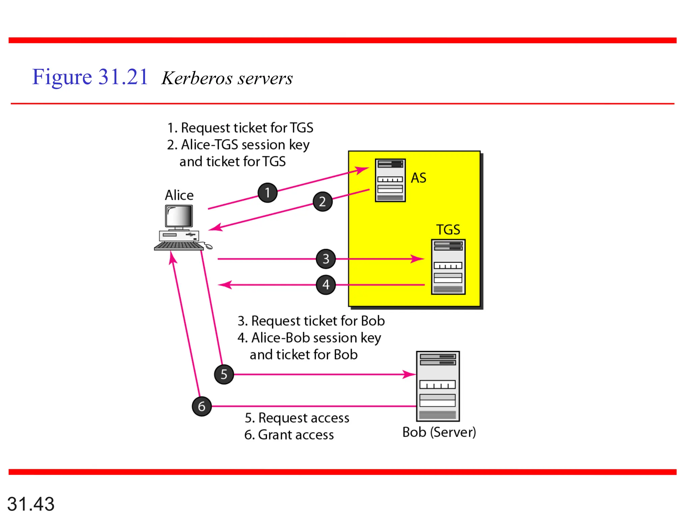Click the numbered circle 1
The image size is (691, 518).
268,193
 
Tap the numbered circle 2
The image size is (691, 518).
323,201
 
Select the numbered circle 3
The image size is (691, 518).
326,259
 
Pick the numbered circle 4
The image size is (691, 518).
326,285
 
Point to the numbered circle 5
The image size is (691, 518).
224,374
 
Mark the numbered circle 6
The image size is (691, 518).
202,406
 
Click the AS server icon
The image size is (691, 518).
390,180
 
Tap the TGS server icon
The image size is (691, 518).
448,267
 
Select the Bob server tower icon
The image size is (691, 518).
438,386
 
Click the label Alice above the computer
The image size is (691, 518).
179,195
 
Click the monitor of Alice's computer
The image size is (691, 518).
179,217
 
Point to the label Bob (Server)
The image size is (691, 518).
439,432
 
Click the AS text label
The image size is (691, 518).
418,178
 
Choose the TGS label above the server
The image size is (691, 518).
448,230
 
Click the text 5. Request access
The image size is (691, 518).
297,418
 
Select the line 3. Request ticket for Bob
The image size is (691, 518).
311,321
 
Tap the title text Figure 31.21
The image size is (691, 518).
90,77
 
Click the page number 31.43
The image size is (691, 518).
31,504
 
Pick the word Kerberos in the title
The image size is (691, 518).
197,78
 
